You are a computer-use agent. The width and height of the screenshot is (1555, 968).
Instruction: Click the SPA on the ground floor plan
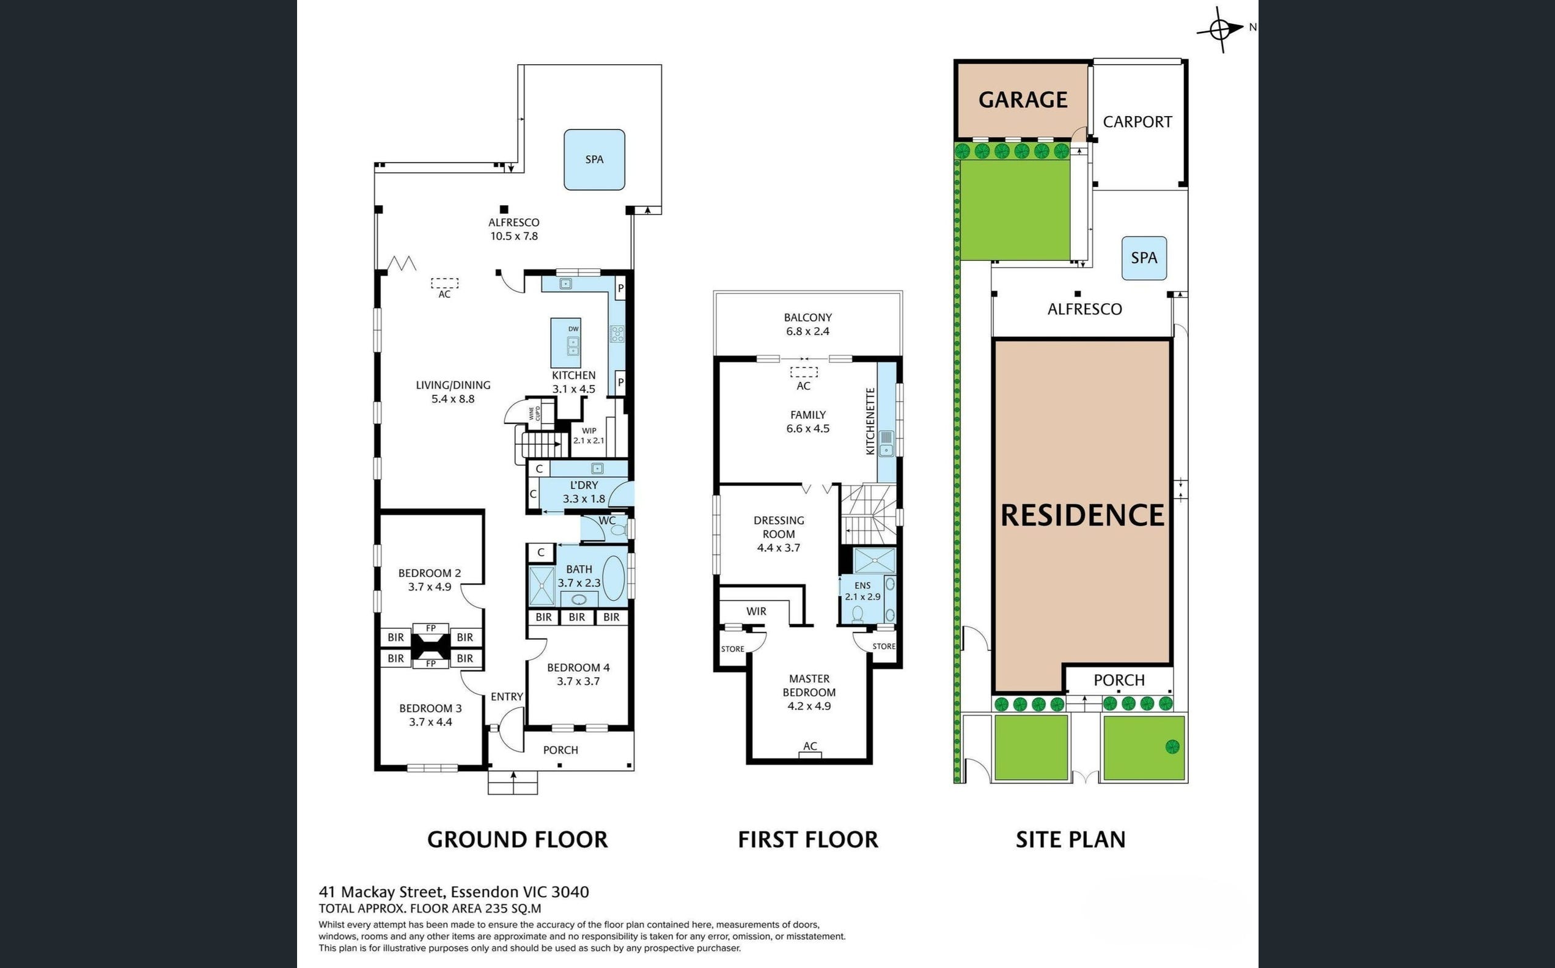pos(594,159)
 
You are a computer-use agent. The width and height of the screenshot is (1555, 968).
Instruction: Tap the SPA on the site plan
pos(1144,258)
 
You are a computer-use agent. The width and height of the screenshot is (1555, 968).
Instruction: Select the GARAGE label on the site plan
pos(1023,100)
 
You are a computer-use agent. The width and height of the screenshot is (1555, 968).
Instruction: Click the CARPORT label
pos(1138,122)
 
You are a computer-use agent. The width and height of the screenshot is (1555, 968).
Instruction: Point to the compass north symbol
pos(1221,29)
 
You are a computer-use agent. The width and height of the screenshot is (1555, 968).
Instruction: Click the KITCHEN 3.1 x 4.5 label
pos(573,382)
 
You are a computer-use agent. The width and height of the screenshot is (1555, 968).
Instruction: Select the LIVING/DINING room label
pos(454,392)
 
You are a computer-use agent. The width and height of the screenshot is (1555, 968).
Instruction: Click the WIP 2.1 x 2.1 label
pos(589,436)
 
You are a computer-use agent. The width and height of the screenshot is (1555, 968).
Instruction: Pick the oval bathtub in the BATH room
pos(612,578)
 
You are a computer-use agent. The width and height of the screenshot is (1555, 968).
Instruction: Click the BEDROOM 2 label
pos(430,579)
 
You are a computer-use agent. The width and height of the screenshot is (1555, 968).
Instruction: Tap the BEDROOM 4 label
pos(578,674)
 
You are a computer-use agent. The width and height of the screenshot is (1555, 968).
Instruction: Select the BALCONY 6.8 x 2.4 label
pos(808,324)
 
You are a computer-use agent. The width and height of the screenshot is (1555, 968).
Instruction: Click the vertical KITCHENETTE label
pos(870,421)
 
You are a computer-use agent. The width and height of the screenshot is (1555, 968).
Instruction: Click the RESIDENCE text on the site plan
pos(1083,515)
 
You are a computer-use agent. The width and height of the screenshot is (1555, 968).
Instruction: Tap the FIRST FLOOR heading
pos(808,839)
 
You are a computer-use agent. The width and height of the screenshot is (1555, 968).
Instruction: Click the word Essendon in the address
pos(485,892)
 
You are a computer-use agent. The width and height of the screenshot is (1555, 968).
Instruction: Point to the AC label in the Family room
pos(803,386)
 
